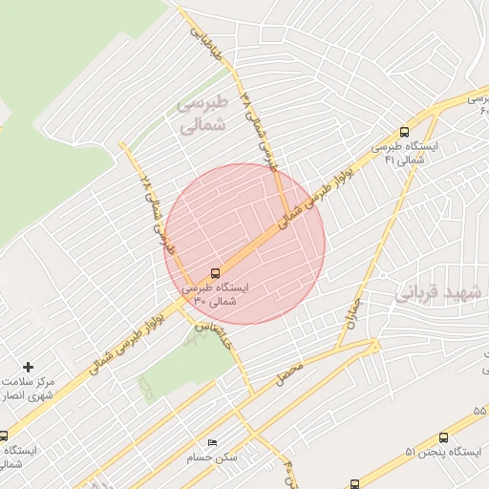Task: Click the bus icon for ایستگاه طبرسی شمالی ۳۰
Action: (215, 271)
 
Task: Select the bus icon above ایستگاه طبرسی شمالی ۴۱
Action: (405, 133)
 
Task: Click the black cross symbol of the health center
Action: (28, 367)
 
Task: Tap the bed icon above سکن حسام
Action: (212, 442)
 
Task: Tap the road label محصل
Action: (288, 373)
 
